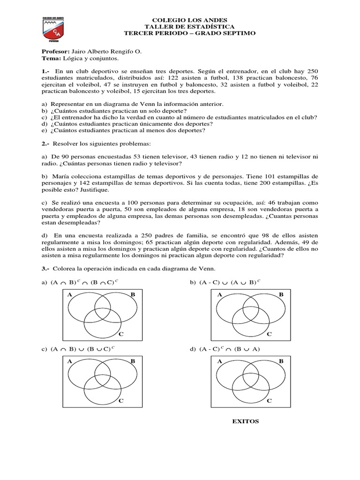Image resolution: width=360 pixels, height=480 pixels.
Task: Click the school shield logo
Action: tap(53, 31)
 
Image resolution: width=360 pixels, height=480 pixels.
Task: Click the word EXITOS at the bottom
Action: tap(246, 421)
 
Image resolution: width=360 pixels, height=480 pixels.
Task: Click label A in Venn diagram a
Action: tap(69, 294)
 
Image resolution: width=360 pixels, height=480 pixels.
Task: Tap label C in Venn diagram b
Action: tap(269, 334)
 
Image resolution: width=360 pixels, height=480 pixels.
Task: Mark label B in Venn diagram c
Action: tap(133, 361)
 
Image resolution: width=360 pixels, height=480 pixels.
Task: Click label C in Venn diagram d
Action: tap(269, 401)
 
